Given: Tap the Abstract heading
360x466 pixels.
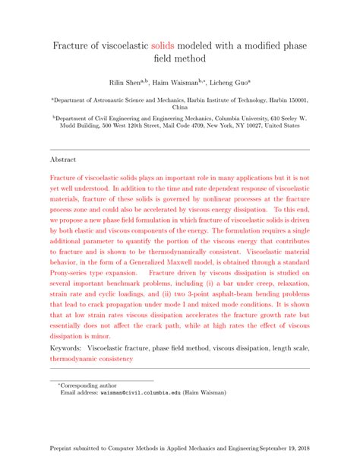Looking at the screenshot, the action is click(63, 160).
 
